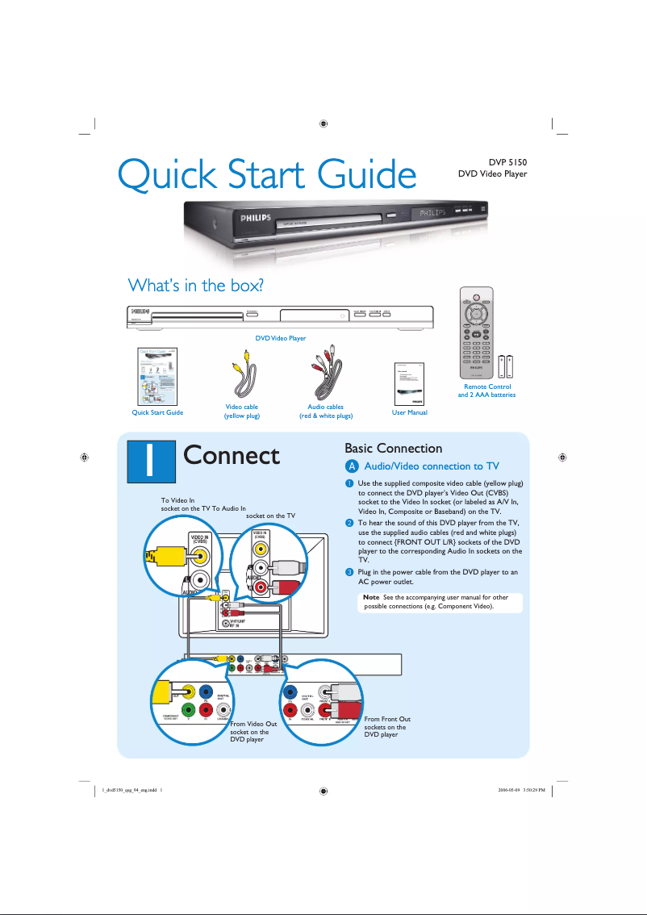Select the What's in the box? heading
click(x=197, y=286)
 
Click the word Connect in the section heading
click(x=232, y=456)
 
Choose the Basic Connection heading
click(x=393, y=448)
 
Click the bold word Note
click(x=372, y=597)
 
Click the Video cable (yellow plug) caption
click(x=241, y=412)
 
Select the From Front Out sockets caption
click(x=387, y=726)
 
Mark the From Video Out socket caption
click(x=253, y=732)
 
